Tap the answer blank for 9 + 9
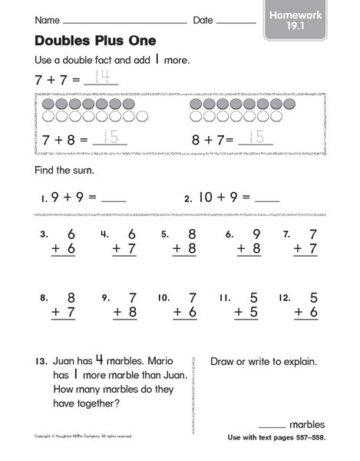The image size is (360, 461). (114, 197)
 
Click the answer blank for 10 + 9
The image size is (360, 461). (267, 197)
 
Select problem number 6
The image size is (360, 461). (228, 234)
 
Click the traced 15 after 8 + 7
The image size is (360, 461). (256, 139)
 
